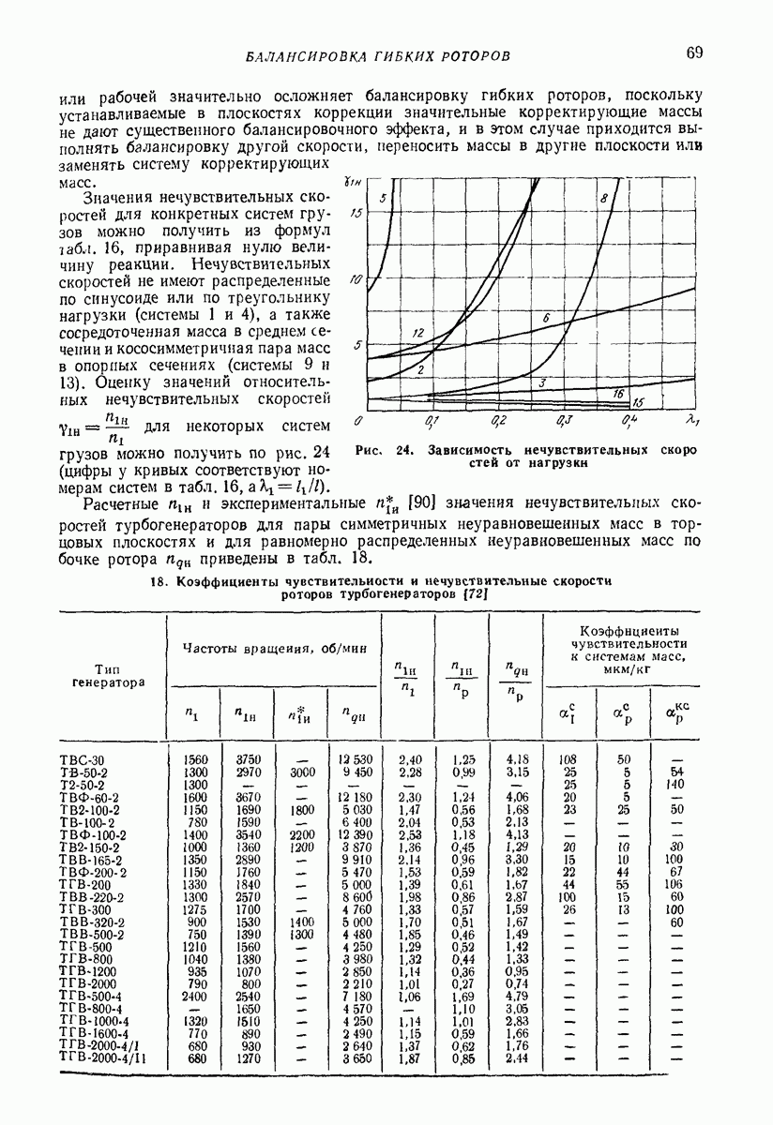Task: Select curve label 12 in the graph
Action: [418, 333]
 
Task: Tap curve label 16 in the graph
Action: [618, 394]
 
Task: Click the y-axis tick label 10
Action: [355, 280]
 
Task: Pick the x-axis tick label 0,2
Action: [498, 421]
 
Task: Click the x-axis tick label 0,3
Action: [565, 421]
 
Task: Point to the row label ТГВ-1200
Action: [90, 972]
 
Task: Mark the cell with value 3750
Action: [247, 759]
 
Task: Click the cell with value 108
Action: [568, 759]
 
